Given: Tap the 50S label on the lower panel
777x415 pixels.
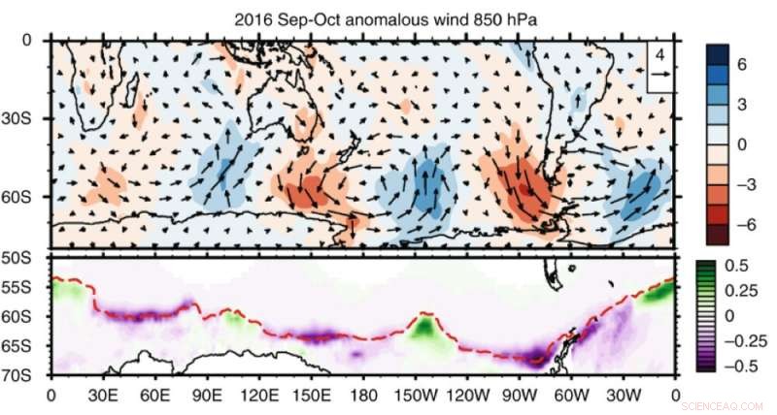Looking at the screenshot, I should point(24,258).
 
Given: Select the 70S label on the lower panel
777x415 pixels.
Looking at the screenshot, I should point(24,374).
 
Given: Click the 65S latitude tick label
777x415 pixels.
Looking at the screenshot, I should point(24,345).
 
